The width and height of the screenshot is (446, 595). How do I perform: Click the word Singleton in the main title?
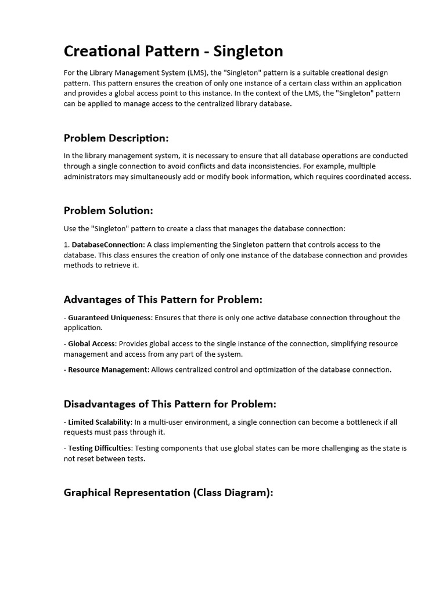pyautogui.click(x=248, y=51)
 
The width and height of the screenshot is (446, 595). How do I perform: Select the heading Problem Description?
pyautogui.click(x=116, y=138)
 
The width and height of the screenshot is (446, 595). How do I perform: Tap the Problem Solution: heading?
pyautogui.click(x=109, y=210)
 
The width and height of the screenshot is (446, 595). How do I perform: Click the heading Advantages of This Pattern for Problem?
pyautogui.click(x=163, y=300)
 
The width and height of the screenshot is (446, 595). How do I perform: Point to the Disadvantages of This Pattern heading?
pyautogui.click(x=170, y=404)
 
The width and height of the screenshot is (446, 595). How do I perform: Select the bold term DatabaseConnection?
pyautogui.click(x=107, y=245)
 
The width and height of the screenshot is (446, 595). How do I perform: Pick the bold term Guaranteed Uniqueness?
pyautogui.click(x=110, y=318)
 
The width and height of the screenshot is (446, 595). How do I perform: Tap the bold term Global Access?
pyautogui.click(x=92, y=344)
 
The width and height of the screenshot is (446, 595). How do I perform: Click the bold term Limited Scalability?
pyautogui.click(x=99, y=422)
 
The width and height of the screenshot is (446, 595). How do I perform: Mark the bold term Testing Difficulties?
pyautogui.click(x=100, y=448)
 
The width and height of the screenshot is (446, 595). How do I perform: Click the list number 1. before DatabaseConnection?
pyautogui.click(x=67, y=245)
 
